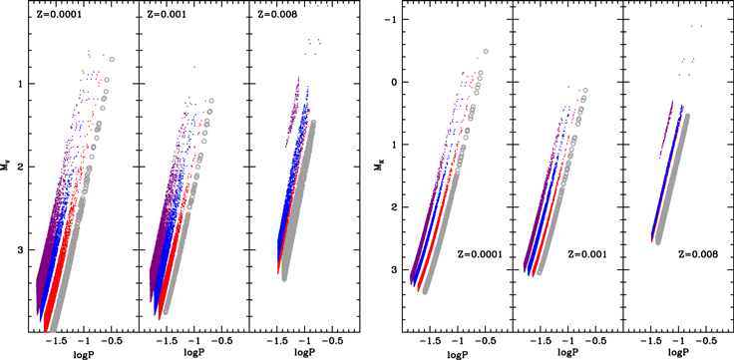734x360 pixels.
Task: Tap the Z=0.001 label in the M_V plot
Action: point(162,15)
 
